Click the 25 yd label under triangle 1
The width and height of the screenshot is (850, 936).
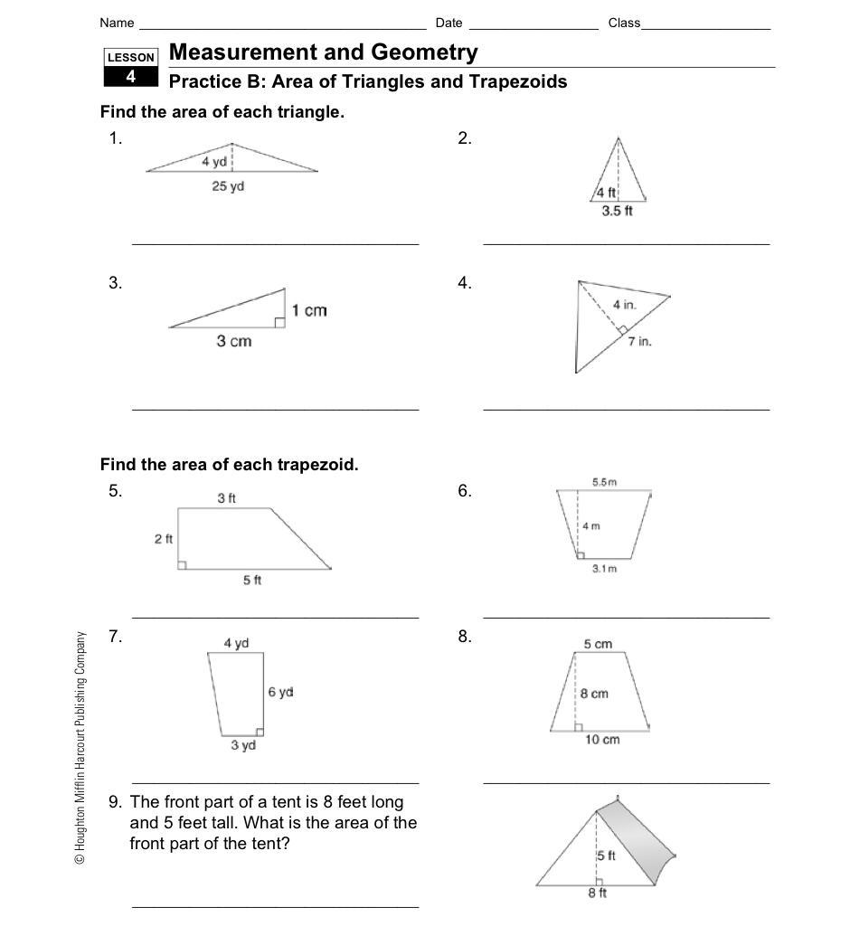click(229, 186)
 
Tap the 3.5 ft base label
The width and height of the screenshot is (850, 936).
click(617, 211)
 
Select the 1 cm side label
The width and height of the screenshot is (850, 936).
click(309, 310)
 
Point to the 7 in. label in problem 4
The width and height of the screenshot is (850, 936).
click(640, 341)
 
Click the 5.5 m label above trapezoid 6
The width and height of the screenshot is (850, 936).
click(604, 482)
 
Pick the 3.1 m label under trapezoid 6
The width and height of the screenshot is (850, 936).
click(604, 569)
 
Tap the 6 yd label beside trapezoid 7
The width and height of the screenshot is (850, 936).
click(280, 692)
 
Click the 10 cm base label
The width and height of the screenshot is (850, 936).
click(602, 739)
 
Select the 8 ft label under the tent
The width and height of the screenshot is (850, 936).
click(598, 893)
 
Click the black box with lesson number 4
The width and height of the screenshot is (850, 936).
click(130, 77)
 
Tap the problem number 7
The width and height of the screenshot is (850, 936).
click(115, 636)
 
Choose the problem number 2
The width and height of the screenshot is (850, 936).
click(465, 138)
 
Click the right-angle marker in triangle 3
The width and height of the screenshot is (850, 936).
click(279, 322)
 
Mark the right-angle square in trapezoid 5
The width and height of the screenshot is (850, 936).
click(182, 565)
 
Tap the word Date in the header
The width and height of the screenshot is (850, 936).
click(449, 23)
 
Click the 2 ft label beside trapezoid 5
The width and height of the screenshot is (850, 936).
click(163, 539)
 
